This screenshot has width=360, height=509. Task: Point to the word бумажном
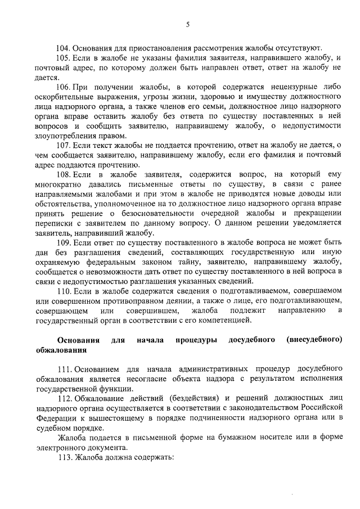click(x=228, y=438)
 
